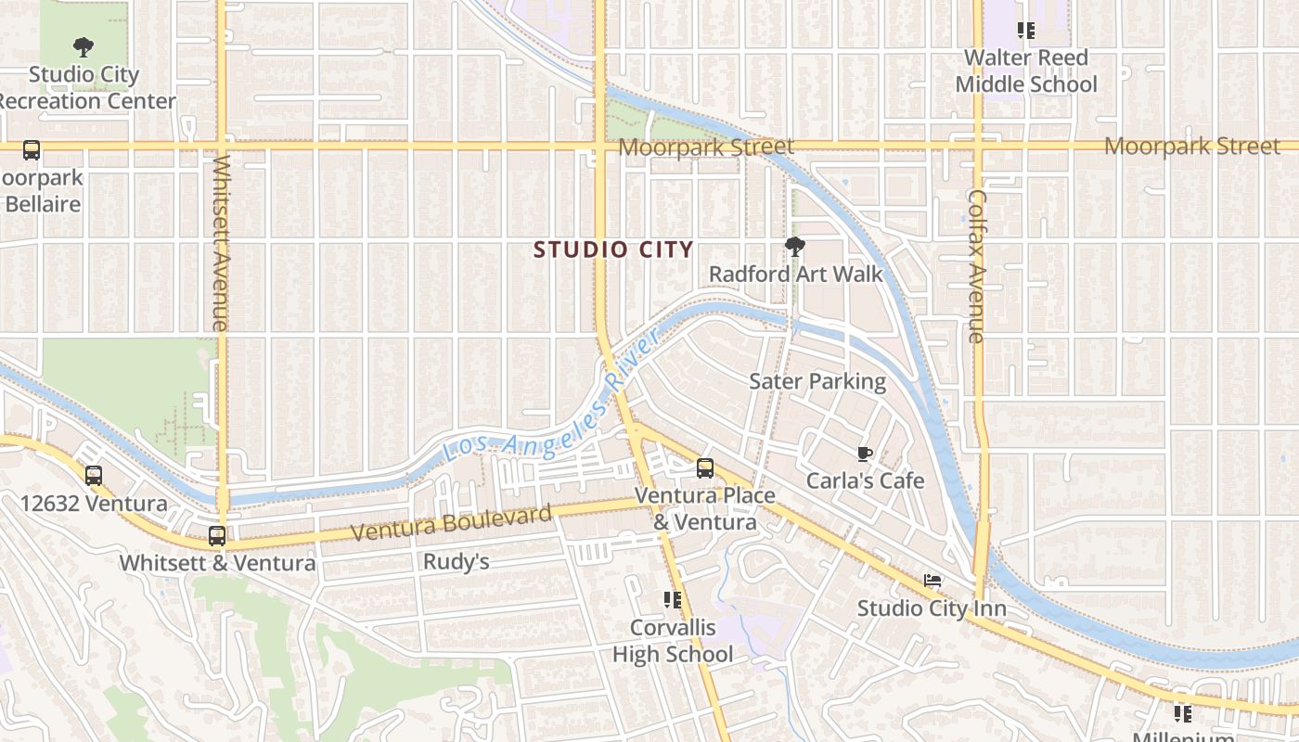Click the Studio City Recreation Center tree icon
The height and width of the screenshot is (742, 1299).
pos(84,46)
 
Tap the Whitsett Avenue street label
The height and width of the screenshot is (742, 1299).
pos(221,243)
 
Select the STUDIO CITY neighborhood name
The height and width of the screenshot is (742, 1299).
pos(613,249)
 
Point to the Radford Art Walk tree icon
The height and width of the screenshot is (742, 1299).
pos(794,247)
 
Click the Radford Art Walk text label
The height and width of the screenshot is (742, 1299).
pos(796,274)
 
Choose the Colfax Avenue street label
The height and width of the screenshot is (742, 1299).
pos(977,266)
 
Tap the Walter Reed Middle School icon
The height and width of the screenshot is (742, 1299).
pos(1025,31)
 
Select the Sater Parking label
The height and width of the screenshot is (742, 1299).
pos(817,381)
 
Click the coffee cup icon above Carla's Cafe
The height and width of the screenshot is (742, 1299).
pos(865,454)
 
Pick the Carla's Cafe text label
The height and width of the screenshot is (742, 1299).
pos(865,480)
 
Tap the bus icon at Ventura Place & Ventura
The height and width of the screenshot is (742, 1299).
pos(705,468)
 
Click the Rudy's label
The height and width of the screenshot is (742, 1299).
pos(456,561)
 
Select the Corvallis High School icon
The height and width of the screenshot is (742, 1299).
pos(673,600)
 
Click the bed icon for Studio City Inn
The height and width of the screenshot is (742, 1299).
pos(932,582)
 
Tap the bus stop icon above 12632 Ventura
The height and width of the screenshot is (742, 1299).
pos(94,476)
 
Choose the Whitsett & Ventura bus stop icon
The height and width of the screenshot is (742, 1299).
pos(217,535)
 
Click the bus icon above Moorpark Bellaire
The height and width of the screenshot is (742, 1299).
pos(32,150)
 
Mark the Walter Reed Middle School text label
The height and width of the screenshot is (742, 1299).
pos(1025,70)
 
